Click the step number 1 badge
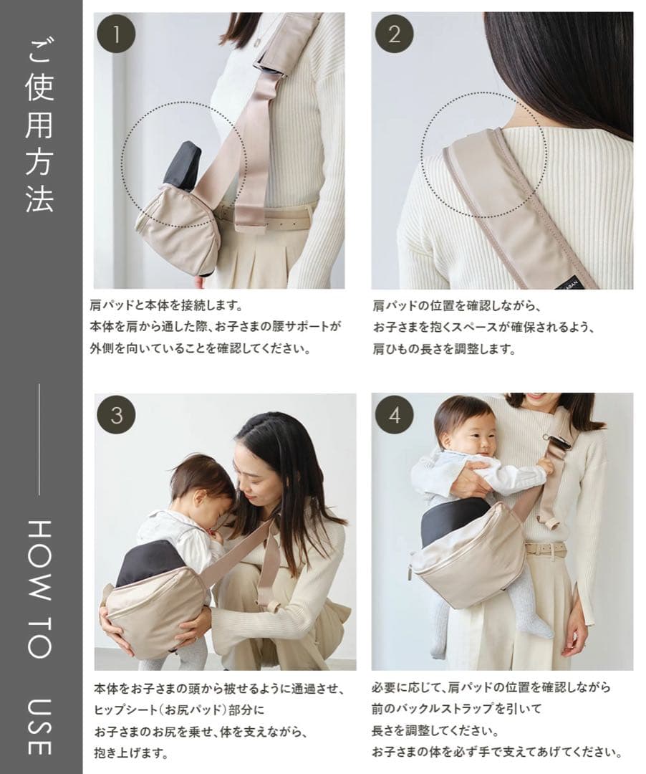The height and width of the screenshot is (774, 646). point(116,34)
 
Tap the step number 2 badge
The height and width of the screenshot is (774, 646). point(394,34)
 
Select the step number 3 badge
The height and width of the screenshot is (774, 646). point(116,415)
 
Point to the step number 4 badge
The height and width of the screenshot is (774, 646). point(395,415)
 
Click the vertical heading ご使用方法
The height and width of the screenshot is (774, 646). point(39,126)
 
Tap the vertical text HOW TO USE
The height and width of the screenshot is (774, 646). point(39,637)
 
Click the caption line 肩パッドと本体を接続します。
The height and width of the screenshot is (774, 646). point(167,305)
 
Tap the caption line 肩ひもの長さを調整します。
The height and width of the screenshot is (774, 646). point(445,349)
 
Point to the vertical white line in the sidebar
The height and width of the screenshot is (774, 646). point(39,439)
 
